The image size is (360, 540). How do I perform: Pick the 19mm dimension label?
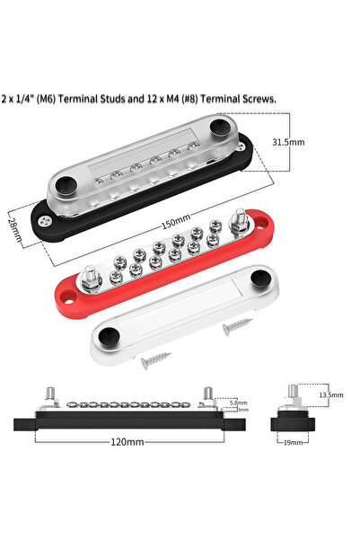293,444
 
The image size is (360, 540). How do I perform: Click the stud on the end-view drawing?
292,392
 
